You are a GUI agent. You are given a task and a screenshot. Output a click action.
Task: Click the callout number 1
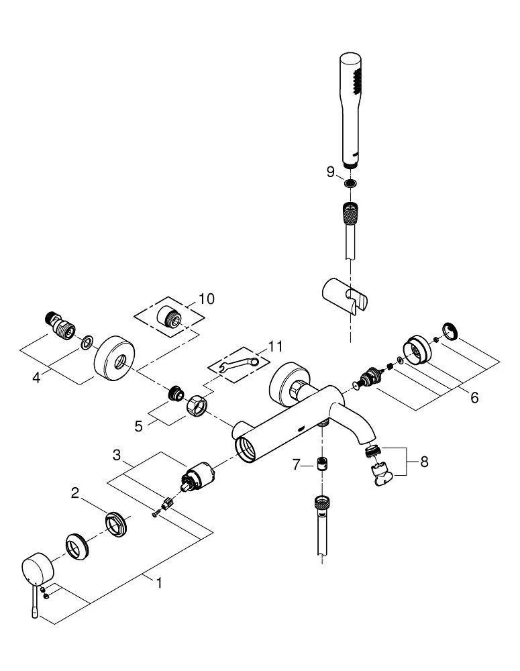click(x=159, y=583)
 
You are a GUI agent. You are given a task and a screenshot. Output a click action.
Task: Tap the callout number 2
click(x=76, y=494)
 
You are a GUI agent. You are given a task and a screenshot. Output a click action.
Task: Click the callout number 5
click(x=139, y=425)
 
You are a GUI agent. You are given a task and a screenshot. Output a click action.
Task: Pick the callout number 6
click(x=474, y=397)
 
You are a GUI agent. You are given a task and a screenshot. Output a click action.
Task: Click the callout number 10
click(x=207, y=299)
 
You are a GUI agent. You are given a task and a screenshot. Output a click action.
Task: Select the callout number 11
click(x=276, y=346)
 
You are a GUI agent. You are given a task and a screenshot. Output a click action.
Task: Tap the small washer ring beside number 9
click(x=349, y=184)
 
